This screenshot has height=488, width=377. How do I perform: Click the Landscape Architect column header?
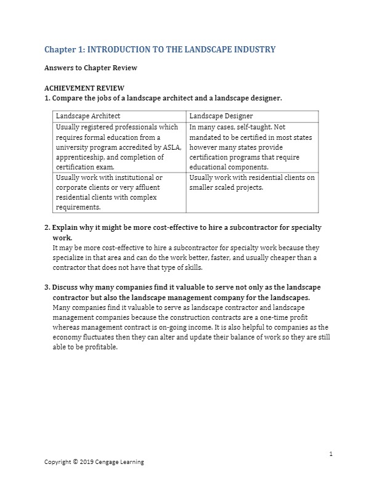[x=87, y=116]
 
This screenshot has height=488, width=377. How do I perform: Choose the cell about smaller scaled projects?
[x=252, y=182]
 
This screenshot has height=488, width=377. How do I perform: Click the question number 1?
[x=47, y=98]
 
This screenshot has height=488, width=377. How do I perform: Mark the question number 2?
[x=47, y=227]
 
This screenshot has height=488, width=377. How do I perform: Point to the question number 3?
[x=47, y=287]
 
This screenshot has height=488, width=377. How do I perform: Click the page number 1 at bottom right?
[x=331, y=454]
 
